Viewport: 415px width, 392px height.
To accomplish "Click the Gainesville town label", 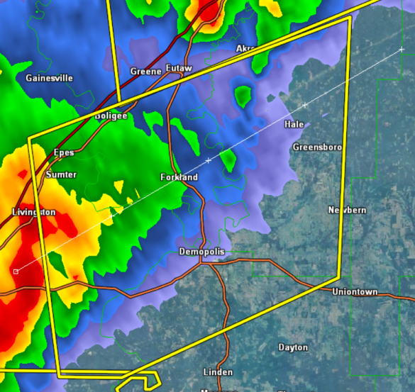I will click(49, 78).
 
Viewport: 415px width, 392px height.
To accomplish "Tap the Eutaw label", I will click(179, 67).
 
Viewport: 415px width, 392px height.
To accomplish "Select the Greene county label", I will click(146, 72).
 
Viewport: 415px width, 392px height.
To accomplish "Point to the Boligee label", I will click(112, 116).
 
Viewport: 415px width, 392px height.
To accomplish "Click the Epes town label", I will click(64, 152).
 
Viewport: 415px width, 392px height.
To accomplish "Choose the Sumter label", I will click(61, 174).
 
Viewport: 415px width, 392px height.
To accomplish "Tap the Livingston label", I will click(33, 212).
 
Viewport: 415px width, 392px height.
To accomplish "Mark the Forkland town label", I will click(179, 177).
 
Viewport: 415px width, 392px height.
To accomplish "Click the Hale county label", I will click(294, 124).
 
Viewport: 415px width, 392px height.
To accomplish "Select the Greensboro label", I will click(317, 147).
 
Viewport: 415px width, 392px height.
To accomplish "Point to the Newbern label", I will click(347, 211).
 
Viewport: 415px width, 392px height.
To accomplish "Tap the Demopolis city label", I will click(201, 252).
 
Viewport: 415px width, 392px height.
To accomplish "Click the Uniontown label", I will click(355, 292).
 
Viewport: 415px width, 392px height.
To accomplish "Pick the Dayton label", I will click(293, 347).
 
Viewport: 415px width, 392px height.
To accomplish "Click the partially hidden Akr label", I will click(244, 48).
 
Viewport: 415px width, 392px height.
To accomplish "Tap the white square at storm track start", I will click(16, 271).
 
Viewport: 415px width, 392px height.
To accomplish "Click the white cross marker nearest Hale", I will click(305, 106).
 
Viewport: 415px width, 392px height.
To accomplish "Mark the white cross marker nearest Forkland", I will click(209, 162).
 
